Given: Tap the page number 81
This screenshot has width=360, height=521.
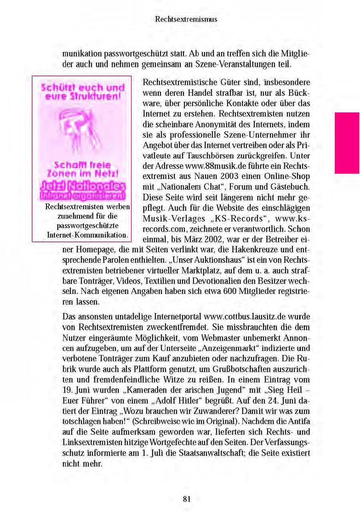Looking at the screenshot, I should (x=186, y=499).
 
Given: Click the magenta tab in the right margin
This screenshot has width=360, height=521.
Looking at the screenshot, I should (x=347, y=143).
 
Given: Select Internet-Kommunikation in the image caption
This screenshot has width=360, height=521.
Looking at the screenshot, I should (x=87, y=235).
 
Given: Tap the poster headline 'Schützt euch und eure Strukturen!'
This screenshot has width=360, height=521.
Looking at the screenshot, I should (x=83, y=92).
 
